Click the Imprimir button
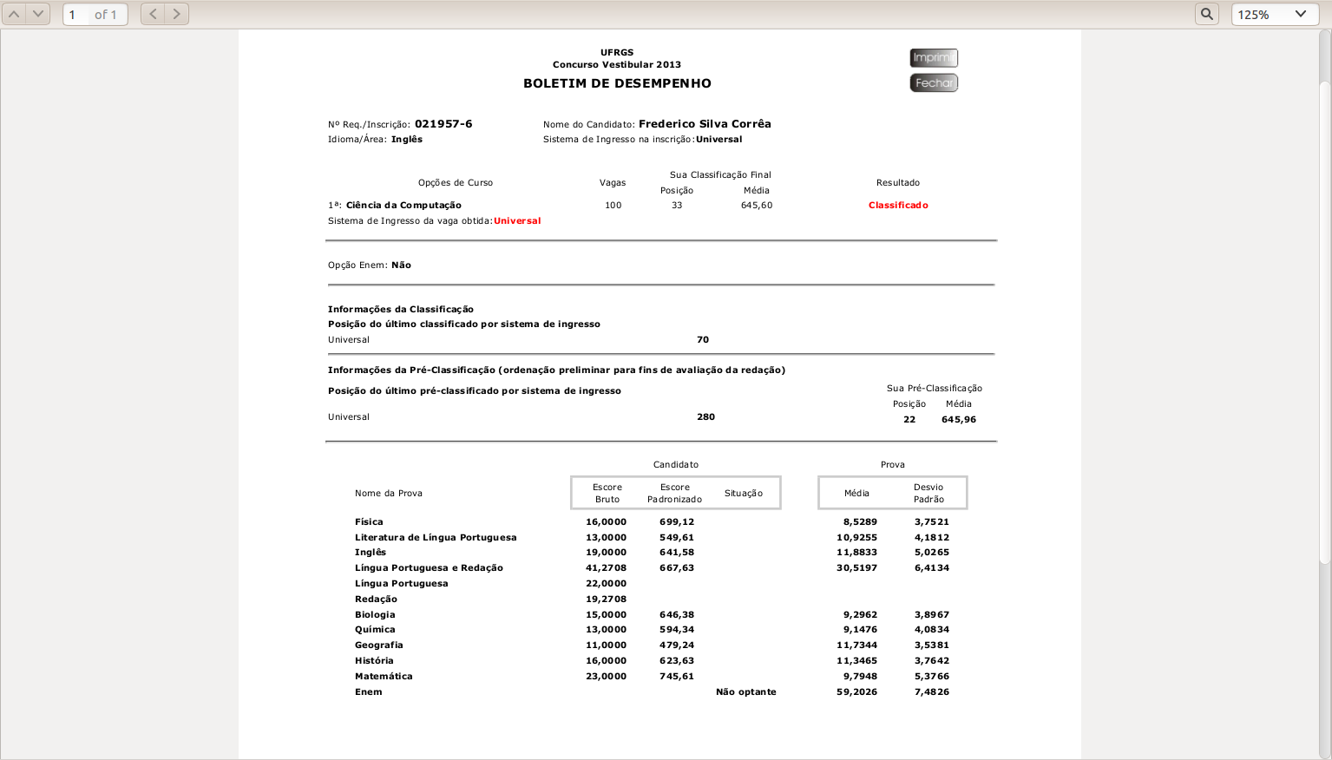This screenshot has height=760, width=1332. click(x=933, y=58)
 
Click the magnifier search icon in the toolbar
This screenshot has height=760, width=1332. click(x=1206, y=14)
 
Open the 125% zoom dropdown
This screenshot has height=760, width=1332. click(x=1274, y=14)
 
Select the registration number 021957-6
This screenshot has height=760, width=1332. click(x=443, y=124)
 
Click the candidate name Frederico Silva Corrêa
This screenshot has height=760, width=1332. click(x=705, y=124)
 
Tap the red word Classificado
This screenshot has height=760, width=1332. click(x=898, y=206)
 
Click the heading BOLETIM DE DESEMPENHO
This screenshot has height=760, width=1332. click(x=617, y=83)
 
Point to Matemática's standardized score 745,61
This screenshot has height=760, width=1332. click(x=676, y=677)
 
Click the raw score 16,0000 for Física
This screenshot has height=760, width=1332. click(x=606, y=522)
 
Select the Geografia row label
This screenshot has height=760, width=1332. click(x=378, y=645)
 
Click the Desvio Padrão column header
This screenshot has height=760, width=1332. click(x=928, y=493)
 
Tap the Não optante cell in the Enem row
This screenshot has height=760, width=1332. click(x=745, y=692)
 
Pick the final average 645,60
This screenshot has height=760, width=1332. click(x=757, y=206)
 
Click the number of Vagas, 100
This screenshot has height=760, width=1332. click(x=613, y=206)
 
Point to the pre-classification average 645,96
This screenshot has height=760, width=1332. click(x=958, y=420)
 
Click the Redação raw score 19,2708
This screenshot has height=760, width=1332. click(x=606, y=599)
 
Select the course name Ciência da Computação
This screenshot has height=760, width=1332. click(x=404, y=206)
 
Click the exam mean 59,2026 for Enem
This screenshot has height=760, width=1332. click(x=856, y=692)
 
